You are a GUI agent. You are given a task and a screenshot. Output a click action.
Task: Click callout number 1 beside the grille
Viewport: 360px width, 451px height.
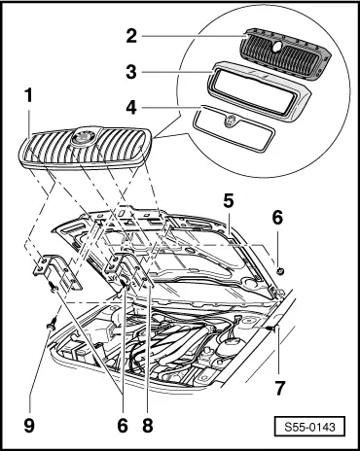[x=29, y=96]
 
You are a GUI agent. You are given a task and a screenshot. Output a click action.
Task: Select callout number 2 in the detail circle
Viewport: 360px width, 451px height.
[x=131, y=36]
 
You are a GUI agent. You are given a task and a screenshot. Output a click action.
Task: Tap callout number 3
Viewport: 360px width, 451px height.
[x=131, y=72]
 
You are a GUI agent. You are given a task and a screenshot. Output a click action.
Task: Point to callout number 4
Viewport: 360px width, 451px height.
[x=131, y=107]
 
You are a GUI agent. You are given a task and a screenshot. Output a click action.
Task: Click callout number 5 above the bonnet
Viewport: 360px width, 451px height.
[x=229, y=201]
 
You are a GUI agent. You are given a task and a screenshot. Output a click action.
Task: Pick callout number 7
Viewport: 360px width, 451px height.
[x=279, y=387]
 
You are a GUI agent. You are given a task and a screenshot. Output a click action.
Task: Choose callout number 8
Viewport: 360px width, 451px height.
[x=148, y=425]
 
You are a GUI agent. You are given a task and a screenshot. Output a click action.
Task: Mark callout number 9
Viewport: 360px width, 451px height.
[x=29, y=425]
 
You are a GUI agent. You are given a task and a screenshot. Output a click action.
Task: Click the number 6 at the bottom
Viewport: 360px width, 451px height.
[x=123, y=425]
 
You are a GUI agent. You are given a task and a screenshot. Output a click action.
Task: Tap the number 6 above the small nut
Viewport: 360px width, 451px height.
[x=277, y=218]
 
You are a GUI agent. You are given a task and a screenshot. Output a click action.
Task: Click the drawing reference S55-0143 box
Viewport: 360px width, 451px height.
[x=309, y=427]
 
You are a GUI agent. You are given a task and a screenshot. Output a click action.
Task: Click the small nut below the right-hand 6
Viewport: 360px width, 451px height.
[x=280, y=270]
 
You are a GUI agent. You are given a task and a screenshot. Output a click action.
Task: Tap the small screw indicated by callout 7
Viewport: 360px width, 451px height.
[x=271, y=329]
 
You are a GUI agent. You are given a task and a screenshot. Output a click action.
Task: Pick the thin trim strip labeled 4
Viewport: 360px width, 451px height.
[x=234, y=129]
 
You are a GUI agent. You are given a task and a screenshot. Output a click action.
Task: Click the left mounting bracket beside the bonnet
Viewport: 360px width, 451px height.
[x=57, y=271]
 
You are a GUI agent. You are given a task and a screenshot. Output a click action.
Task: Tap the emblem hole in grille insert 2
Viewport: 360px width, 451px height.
[x=276, y=47]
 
